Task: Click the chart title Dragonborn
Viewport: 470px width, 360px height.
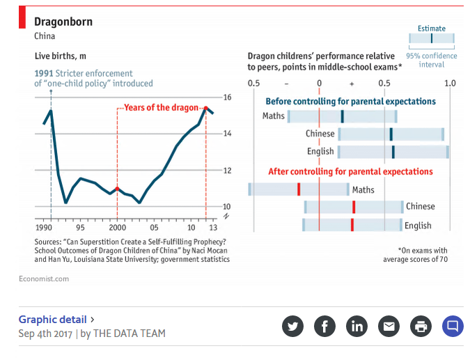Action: pos(63,22)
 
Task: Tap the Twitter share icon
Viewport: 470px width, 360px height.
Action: pos(292,325)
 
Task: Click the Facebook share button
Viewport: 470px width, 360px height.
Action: pos(324,325)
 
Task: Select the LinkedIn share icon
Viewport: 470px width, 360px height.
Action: pos(357,325)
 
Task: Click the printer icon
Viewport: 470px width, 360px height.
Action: pos(421,325)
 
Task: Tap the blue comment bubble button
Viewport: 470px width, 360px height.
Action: pos(453,325)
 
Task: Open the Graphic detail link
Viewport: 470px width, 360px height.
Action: pos(53,320)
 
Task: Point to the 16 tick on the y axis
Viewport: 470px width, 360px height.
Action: pos(227,97)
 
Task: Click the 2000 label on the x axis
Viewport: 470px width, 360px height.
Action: pos(117,228)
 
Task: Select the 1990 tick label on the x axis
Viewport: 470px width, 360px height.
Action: pos(44,228)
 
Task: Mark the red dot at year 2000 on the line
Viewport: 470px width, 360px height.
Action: pos(117,189)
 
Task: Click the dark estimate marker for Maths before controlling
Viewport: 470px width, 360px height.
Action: pos(342,116)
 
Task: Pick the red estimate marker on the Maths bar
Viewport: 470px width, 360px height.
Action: pos(298,189)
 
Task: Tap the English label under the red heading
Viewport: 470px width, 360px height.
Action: pos(418,226)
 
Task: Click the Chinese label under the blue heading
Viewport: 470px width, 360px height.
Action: pos(320,134)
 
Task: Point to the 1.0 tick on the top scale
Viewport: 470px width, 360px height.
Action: pos(450,84)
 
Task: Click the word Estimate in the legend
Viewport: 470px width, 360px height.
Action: pos(431,29)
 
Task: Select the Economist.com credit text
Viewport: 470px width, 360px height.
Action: pos(44,279)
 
